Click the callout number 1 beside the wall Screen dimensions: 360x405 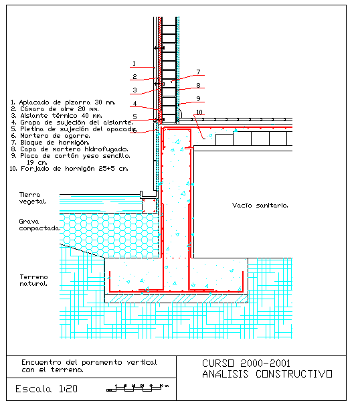tap(134, 64)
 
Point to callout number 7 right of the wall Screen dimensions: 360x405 tap(198, 72)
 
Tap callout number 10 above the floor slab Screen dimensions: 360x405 tap(199, 112)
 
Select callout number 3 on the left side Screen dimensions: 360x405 tap(134, 90)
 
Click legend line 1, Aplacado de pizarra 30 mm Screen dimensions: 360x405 tap(64, 102)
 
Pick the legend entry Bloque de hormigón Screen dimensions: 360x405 tap(50, 143)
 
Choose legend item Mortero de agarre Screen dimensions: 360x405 tap(51, 136)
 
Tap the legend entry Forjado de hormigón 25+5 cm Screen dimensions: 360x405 tap(69, 169)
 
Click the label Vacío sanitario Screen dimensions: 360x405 tap(260, 206)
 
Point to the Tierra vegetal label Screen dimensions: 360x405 tap(33, 198)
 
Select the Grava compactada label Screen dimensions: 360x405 tap(39, 225)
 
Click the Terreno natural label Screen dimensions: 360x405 tap(33, 280)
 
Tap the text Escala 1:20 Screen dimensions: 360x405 tap(46, 389)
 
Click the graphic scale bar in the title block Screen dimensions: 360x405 tap(137, 388)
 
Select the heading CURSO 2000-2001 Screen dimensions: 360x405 tap(246, 363)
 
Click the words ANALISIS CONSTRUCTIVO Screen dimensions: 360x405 tap(267, 374)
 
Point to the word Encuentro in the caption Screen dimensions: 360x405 tap(41, 362)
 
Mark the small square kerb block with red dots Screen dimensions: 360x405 tap(149, 206)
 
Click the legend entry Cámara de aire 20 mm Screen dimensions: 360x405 tap(55, 109)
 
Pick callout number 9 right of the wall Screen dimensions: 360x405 tap(198, 98)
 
